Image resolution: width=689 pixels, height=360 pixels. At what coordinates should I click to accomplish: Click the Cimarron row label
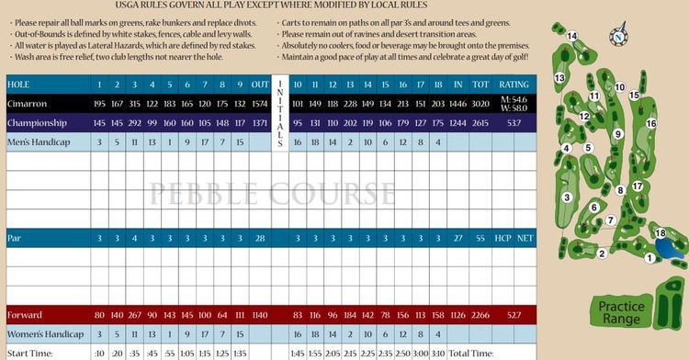27,104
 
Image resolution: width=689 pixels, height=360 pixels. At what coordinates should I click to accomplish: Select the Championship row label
38,123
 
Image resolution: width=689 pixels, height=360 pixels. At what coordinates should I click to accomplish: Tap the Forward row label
25,315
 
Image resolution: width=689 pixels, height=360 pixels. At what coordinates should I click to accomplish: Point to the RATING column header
514,84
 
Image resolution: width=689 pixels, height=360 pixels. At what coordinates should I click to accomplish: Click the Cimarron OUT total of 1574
259,104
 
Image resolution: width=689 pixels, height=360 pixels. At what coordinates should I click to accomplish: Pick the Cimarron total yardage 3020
480,104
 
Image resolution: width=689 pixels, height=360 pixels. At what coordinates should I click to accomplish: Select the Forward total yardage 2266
480,315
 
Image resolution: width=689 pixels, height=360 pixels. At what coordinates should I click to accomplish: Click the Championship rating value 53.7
514,123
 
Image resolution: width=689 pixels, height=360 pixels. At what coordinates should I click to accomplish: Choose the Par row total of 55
480,239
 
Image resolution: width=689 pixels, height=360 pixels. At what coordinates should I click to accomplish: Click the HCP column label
503,239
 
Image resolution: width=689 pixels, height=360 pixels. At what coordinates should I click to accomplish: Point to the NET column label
526,239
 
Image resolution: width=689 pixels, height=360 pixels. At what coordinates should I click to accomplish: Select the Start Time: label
28,354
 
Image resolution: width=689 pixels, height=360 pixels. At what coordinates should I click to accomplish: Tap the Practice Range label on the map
620,312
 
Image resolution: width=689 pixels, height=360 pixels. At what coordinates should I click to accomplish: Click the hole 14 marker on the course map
572,37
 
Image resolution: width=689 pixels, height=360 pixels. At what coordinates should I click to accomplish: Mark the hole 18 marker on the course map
660,234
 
